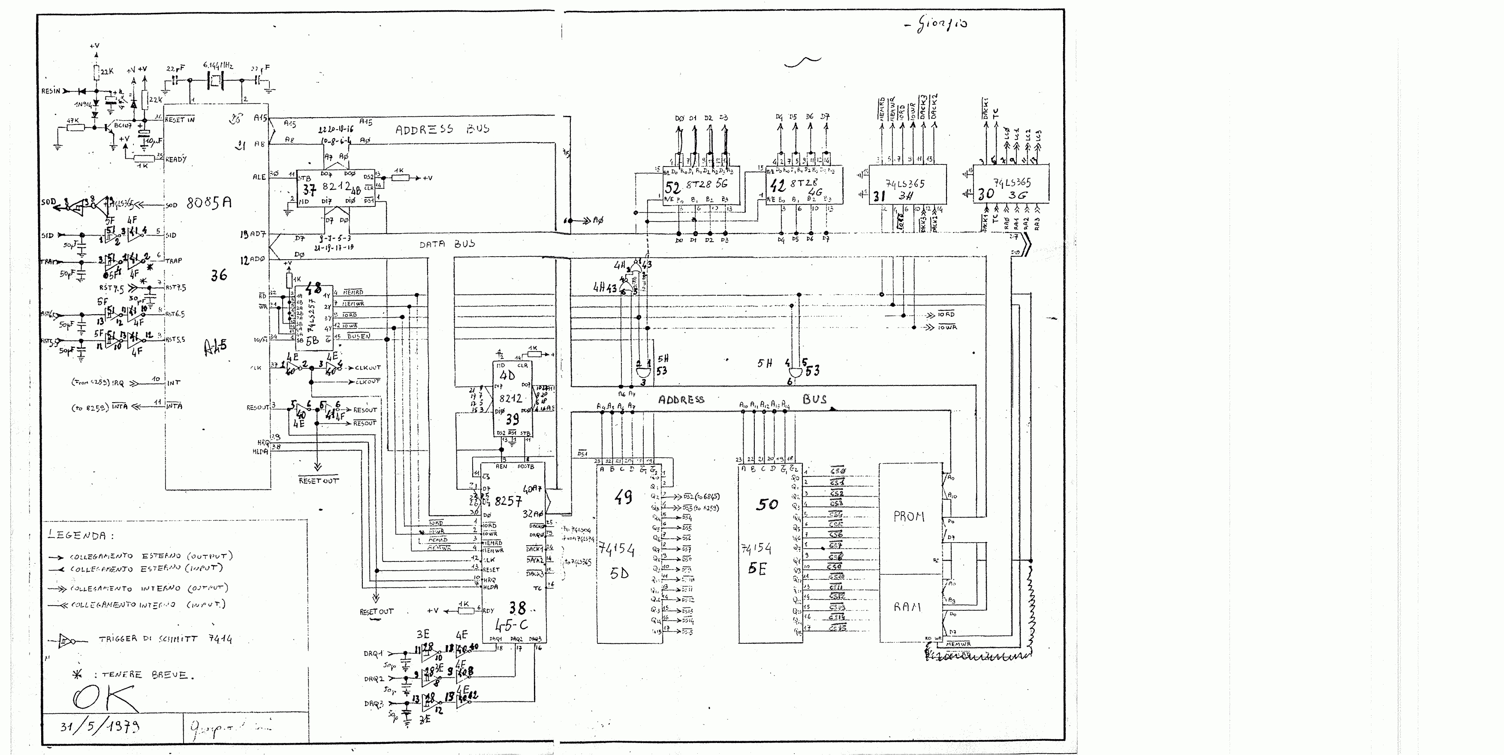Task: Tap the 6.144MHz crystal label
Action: [218, 66]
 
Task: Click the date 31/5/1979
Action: [100, 726]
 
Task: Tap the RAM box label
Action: [907, 607]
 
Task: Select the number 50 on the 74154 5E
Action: [767, 504]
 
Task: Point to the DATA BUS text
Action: [447, 244]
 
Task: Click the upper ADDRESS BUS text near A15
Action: [443, 130]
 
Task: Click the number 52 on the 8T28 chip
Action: [672, 188]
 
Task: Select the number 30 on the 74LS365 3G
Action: [986, 194]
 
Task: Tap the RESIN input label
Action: [50, 91]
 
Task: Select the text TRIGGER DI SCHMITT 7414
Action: [165, 639]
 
